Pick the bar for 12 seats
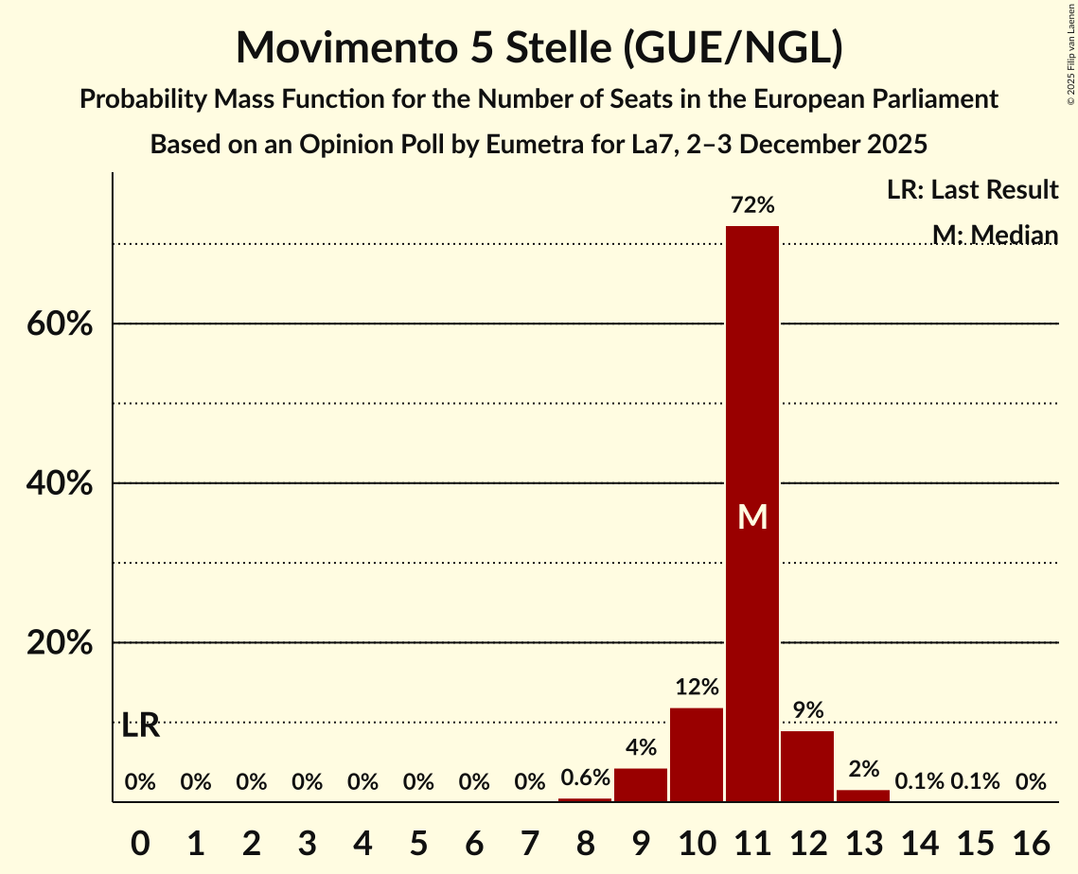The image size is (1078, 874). pyautogui.click(x=807, y=766)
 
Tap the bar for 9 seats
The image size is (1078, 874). pyautogui.click(x=641, y=785)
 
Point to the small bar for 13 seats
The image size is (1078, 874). pyautogui.click(x=863, y=795)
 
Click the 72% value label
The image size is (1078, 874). pyautogui.click(x=752, y=204)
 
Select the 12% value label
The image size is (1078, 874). pyautogui.click(x=697, y=687)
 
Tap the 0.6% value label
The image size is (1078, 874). pyautogui.click(x=585, y=778)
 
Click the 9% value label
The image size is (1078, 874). pyautogui.click(x=807, y=710)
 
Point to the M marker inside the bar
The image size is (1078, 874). pyautogui.click(x=752, y=516)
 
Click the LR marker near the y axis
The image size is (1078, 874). pyautogui.click(x=140, y=726)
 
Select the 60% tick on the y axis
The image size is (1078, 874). pyautogui.click(x=59, y=324)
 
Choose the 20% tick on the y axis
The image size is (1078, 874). pyautogui.click(x=59, y=643)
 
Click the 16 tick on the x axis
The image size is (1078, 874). pyautogui.click(x=1031, y=839)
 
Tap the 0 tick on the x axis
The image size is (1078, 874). pyautogui.click(x=140, y=839)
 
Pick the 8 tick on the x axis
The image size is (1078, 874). pyautogui.click(x=585, y=839)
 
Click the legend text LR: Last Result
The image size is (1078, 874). pyautogui.click(x=972, y=190)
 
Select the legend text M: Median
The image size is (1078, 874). pyautogui.click(x=994, y=235)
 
